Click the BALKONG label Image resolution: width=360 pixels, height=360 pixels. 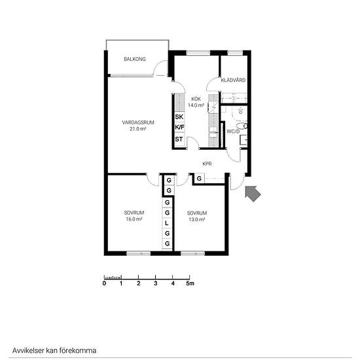coord(135,59)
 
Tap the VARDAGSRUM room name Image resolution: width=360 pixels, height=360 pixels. coord(138,122)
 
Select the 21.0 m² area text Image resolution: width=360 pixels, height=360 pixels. coord(138,129)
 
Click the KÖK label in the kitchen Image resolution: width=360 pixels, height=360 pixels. coord(196,99)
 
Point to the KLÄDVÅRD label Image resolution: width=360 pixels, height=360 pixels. coord(233,80)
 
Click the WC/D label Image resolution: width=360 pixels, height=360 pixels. coord(233,132)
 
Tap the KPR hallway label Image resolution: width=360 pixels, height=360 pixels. coord(207,164)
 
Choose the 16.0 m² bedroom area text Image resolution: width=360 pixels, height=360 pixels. coord(134,219)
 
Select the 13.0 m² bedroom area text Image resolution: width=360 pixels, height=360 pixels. coord(197,219)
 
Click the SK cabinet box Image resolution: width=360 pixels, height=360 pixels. coord(179,117)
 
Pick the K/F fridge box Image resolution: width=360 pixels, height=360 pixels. coord(179,128)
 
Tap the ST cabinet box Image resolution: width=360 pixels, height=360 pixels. coord(179,139)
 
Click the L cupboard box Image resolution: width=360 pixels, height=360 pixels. coord(167,223)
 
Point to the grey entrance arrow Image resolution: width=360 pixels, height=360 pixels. coord(253,193)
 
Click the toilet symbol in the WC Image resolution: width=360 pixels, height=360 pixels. coord(242,126)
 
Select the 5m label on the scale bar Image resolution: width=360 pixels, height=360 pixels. coord(190,283)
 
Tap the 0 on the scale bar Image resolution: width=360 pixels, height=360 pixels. coord(104,283)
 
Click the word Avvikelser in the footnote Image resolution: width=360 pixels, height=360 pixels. coord(28,351)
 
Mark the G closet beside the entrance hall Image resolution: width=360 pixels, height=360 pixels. coord(199,179)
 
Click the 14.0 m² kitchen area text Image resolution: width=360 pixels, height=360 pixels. coord(196,105)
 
